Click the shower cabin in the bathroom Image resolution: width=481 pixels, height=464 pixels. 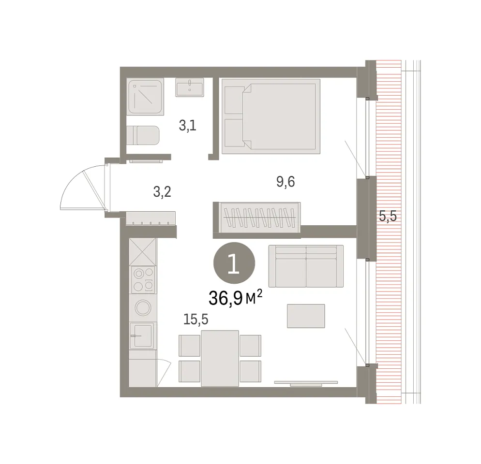point(145,97)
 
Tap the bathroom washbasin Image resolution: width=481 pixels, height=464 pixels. point(190,87)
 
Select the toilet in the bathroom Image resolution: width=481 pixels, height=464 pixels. point(143,135)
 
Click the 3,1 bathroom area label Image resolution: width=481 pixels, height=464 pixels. point(187,126)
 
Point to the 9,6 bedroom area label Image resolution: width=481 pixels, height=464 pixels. point(286,182)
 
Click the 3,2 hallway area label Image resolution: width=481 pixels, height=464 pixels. point(162,192)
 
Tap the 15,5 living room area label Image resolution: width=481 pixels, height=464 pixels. point(195,319)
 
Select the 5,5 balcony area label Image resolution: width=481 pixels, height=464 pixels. point(388,216)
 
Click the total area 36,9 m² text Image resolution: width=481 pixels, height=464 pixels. point(235,298)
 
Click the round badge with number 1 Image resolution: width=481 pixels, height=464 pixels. point(234,263)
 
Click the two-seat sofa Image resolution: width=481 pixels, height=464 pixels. point(306,266)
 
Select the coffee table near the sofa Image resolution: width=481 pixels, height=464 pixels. point(306,316)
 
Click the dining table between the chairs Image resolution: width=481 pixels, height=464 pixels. point(220,358)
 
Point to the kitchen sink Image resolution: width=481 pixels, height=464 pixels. point(142,335)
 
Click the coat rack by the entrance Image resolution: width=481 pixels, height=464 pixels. point(150,218)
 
